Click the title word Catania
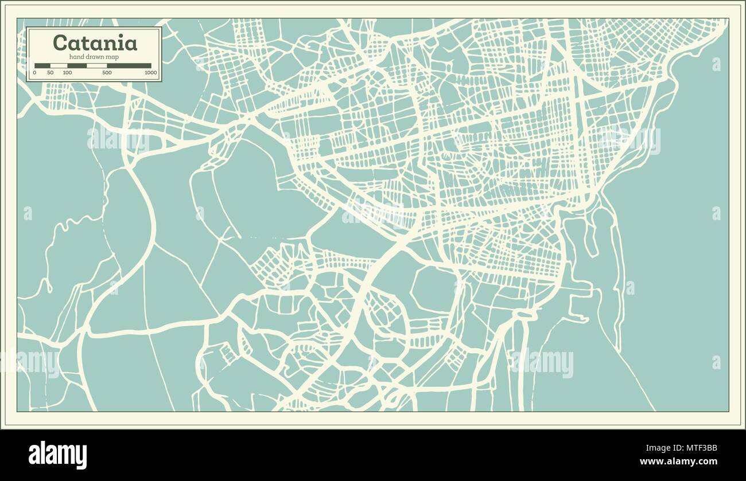pos(95,43)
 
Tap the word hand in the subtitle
pos(77,56)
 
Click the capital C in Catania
pos(59,43)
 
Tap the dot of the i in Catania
pos(119,36)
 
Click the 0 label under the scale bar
pos(34,73)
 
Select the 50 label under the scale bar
pos(50,73)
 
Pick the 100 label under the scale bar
pos(67,73)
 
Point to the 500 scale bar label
pos(107,73)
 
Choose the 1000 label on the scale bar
pos(150,73)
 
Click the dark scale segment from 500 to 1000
pos(129,65)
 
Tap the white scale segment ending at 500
pos(96,65)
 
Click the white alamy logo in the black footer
pos(58,455)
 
